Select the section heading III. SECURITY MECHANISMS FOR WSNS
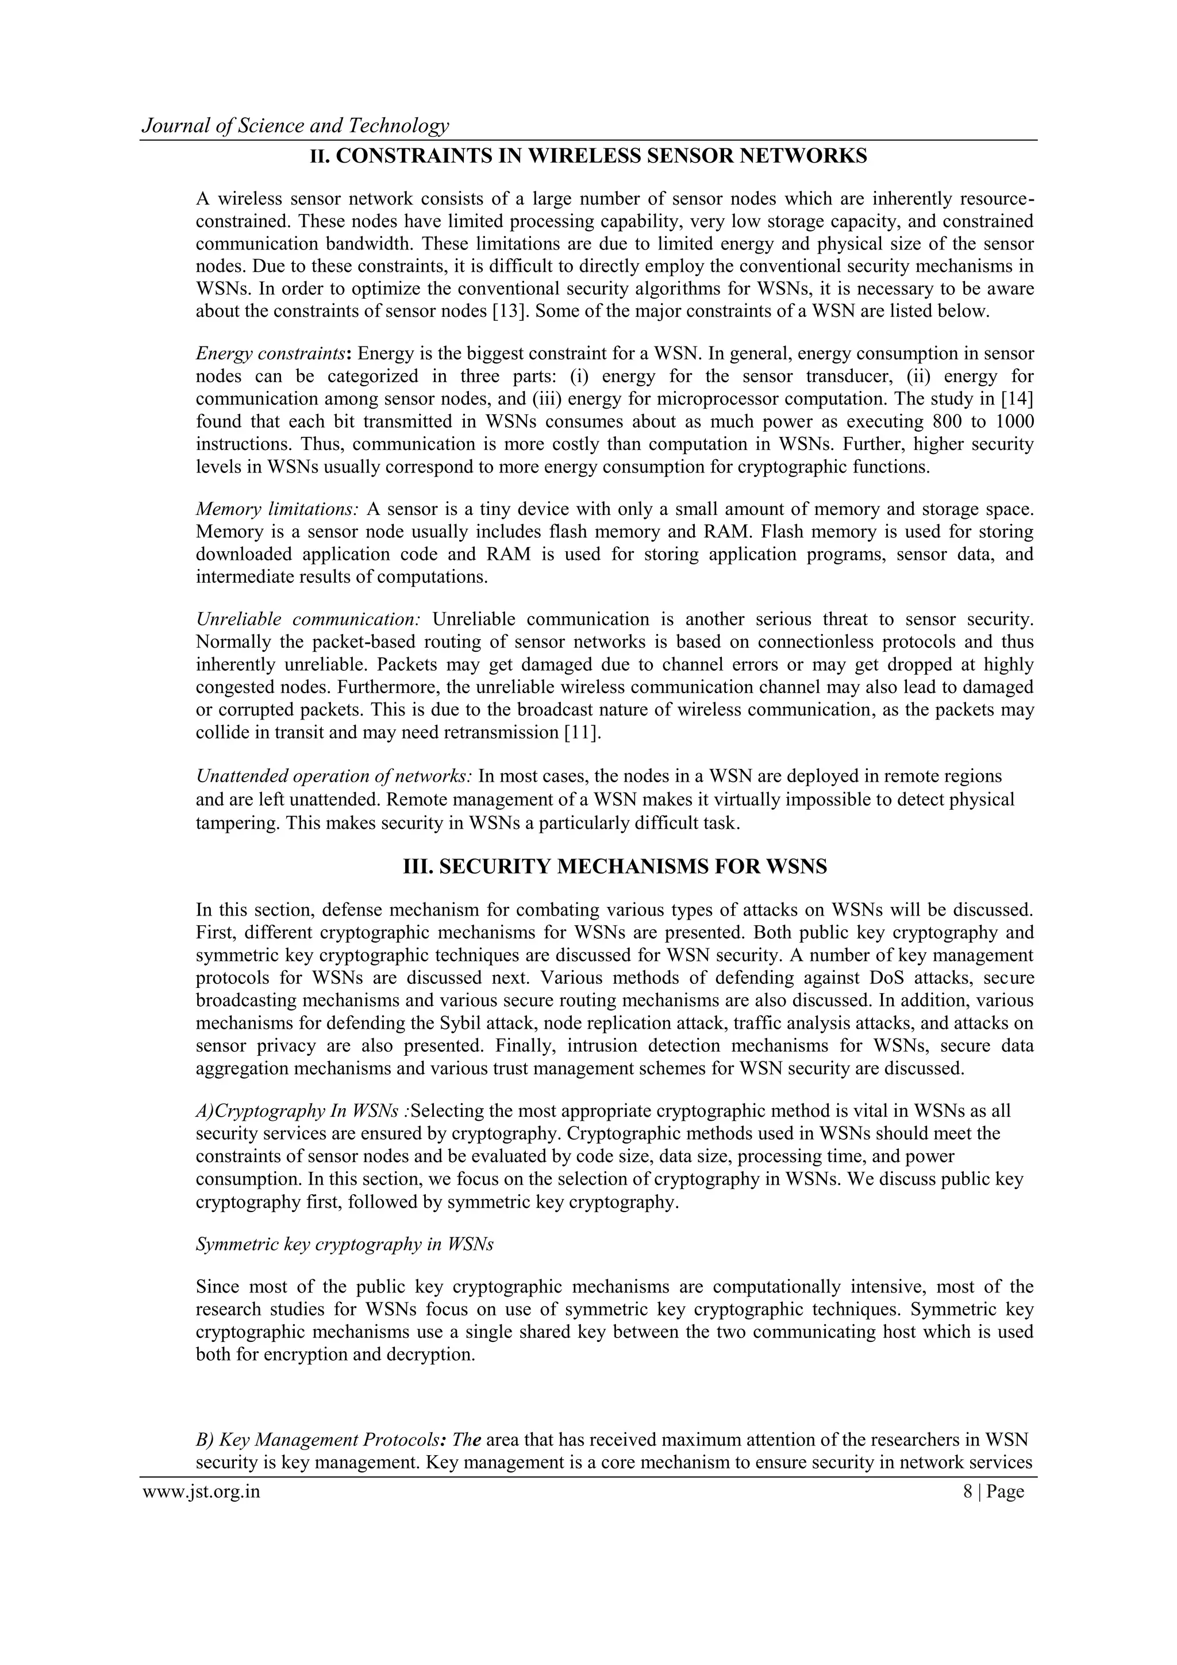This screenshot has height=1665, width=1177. click(x=614, y=867)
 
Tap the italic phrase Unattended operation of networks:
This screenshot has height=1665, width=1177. click(x=334, y=776)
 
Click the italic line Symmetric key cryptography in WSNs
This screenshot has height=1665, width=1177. click(x=344, y=1245)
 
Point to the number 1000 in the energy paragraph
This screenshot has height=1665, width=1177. click(x=1014, y=422)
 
